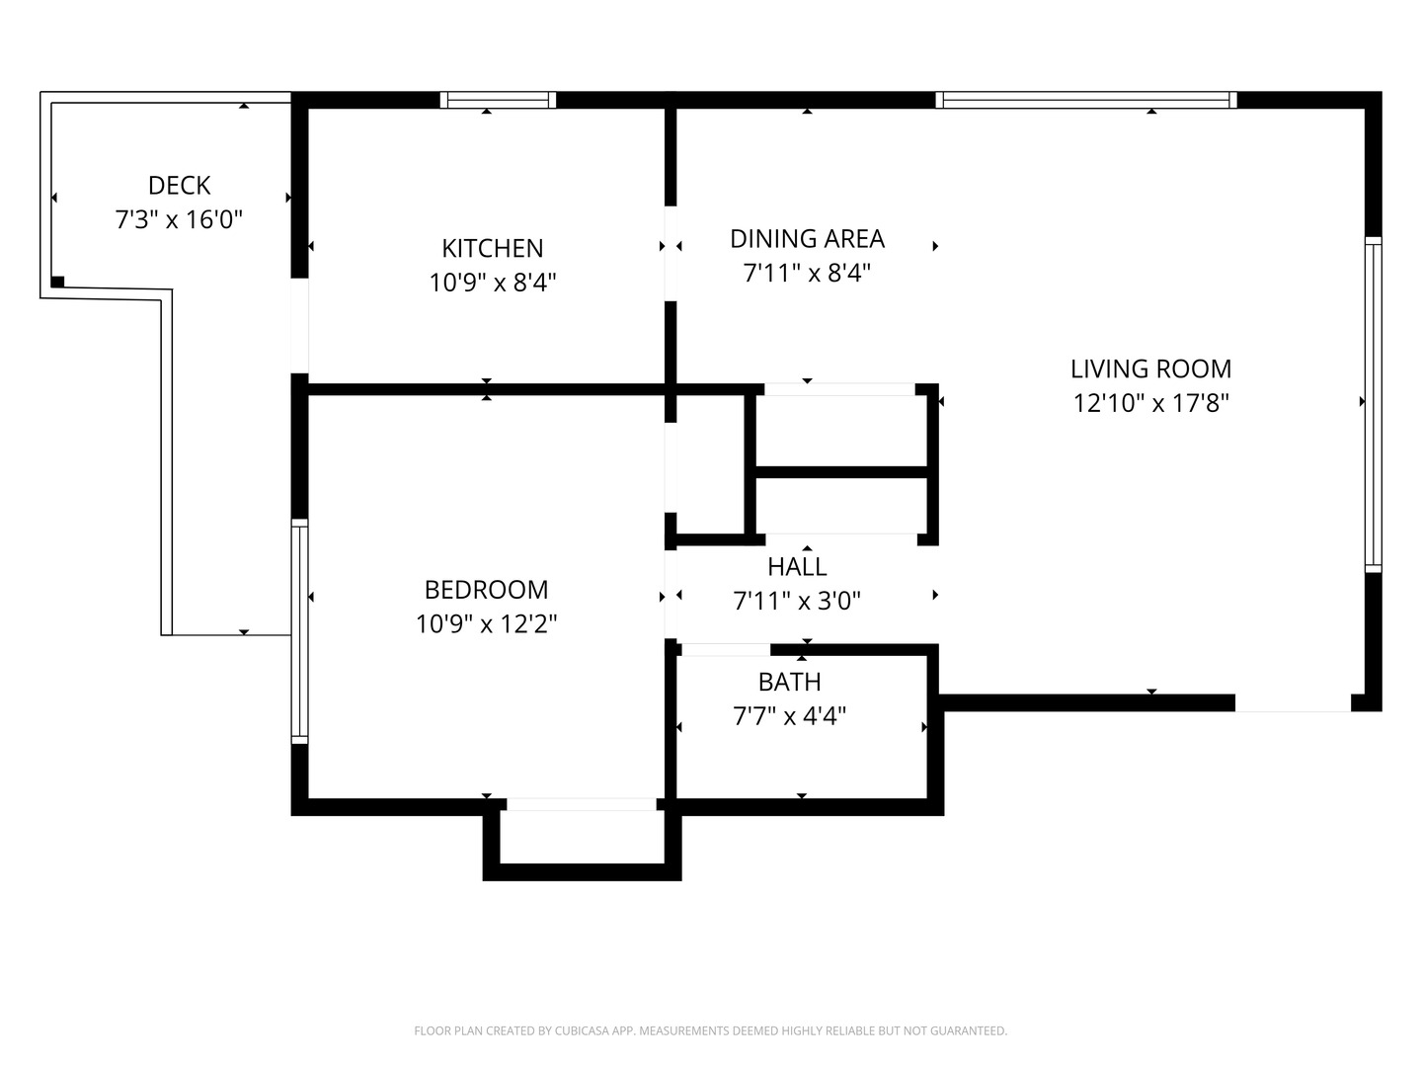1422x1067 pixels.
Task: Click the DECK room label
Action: click(x=179, y=185)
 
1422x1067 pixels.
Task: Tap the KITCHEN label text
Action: click(x=492, y=248)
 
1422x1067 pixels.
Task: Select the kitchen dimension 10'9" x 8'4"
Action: click(x=492, y=283)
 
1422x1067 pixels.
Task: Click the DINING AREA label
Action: click(x=807, y=238)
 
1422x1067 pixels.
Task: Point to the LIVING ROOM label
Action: click(x=1150, y=369)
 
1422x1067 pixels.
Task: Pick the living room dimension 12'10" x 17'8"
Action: click(x=1150, y=403)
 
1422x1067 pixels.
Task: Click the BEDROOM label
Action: click(x=486, y=590)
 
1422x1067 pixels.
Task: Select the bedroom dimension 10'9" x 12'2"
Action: click(x=486, y=624)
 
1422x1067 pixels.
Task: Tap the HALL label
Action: click(x=797, y=566)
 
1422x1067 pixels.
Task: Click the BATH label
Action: click(x=789, y=682)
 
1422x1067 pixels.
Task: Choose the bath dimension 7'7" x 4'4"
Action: click(x=789, y=715)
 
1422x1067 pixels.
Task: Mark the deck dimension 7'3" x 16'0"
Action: click(x=179, y=219)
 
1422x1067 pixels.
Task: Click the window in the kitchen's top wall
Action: click(x=498, y=100)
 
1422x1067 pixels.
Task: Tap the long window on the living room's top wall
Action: click(x=1085, y=100)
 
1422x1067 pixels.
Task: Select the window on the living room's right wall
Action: click(x=1373, y=404)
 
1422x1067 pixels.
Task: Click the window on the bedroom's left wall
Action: click(x=299, y=631)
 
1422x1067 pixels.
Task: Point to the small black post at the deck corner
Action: click(x=57, y=282)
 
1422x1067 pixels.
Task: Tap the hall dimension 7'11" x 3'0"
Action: click(x=797, y=601)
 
